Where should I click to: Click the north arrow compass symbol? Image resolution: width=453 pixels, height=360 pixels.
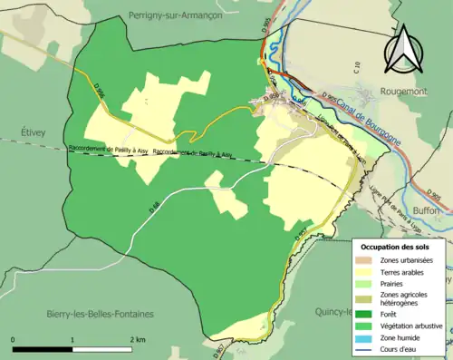(401, 50)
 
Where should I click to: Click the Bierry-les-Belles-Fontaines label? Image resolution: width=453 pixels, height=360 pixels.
(100, 314)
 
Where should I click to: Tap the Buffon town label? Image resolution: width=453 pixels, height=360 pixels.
(429, 209)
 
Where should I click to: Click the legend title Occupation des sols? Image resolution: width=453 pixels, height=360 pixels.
(396, 246)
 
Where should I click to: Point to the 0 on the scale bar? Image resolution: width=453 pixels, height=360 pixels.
(14, 338)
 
